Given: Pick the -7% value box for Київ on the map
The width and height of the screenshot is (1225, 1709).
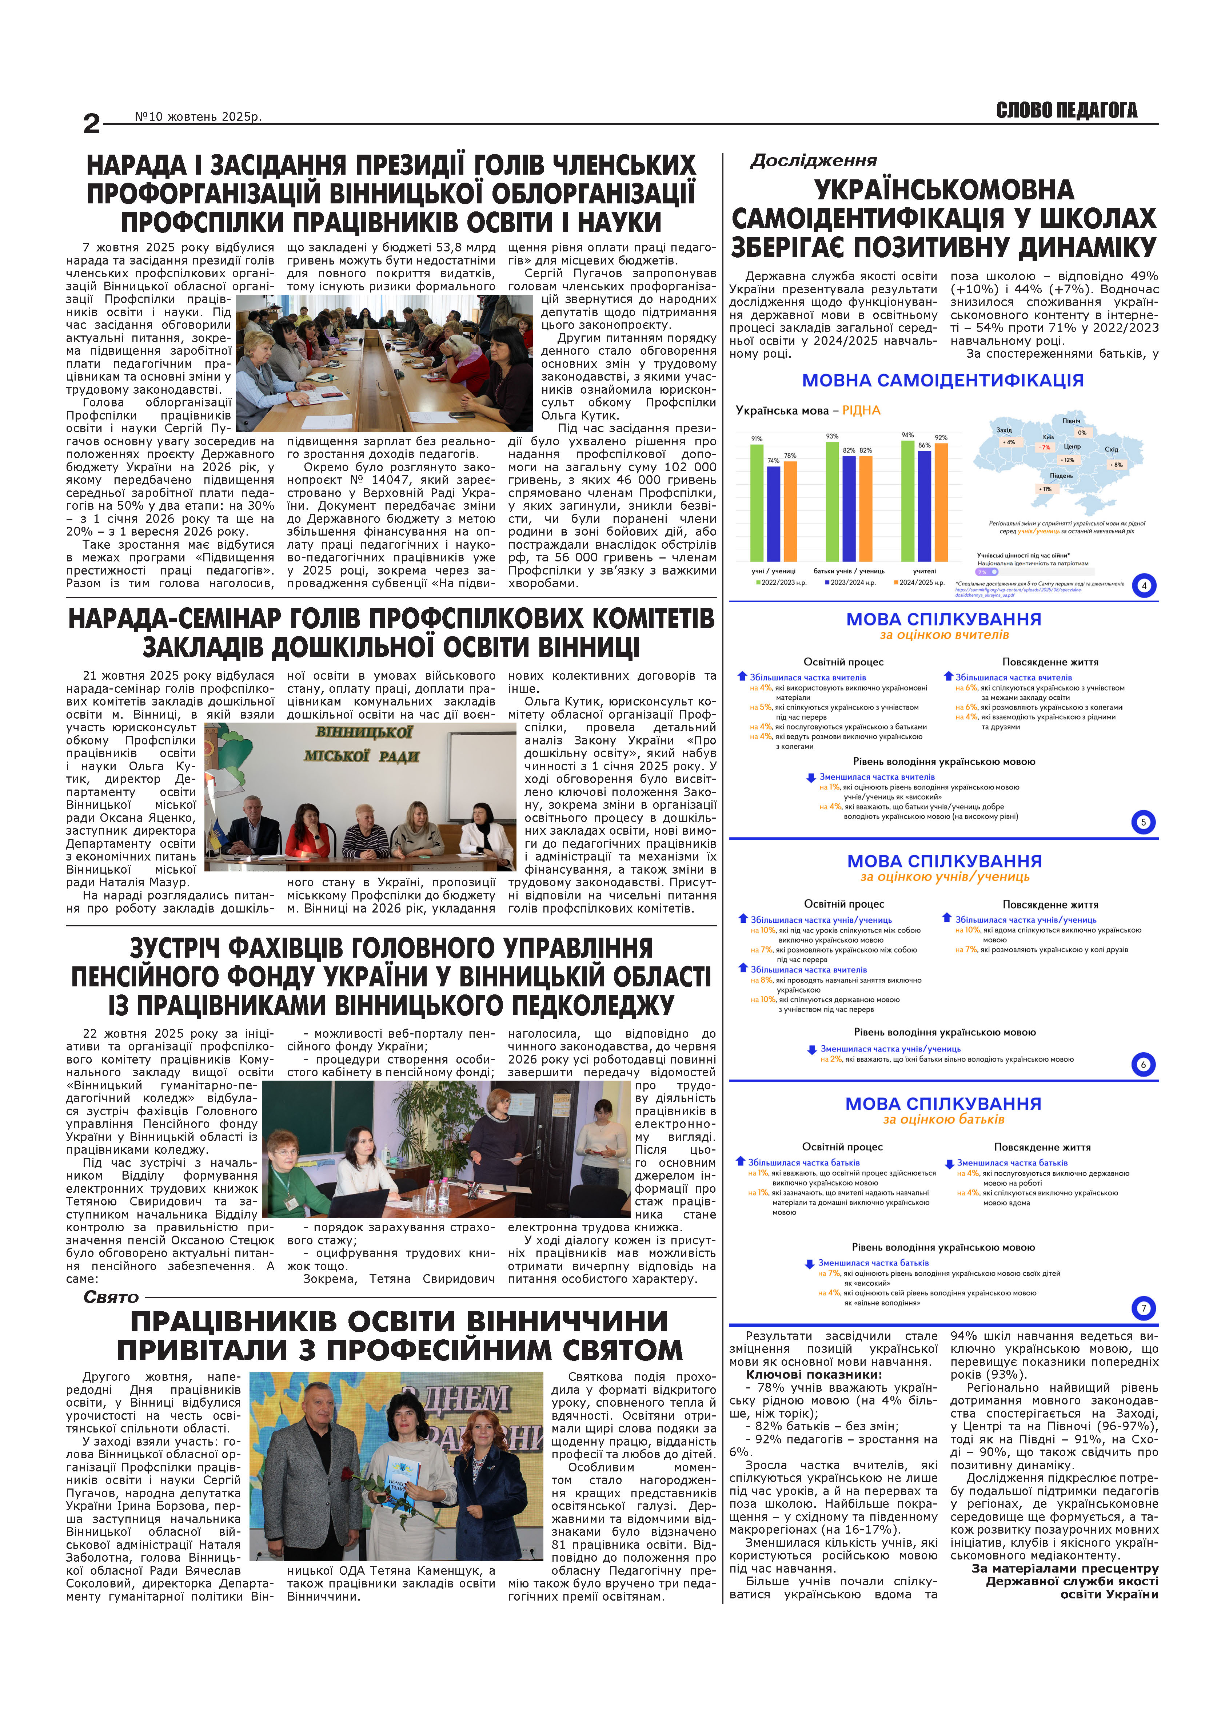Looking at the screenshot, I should [x=1045, y=448].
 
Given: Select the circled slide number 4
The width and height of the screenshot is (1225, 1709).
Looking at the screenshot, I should [x=1144, y=585].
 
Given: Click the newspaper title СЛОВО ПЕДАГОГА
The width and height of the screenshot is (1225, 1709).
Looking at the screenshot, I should [x=1066, y=111].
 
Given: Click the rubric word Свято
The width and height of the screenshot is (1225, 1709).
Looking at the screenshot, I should [x=111, y=1297].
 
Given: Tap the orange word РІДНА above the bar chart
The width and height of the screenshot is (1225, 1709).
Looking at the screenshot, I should [x=861, y=411].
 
